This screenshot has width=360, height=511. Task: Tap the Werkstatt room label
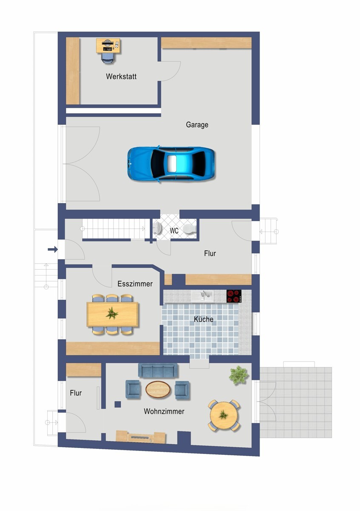click(x=121, y=77)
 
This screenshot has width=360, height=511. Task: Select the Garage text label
click(x=197, y=125)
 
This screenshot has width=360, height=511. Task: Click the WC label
click(x=174, y=231)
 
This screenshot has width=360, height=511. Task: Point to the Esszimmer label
click(x=135, y=284)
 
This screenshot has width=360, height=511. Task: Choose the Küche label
click(x=203, y=319)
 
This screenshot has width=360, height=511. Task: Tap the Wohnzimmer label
click(x=164, y=412)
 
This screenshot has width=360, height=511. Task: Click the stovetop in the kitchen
click(x=234, y=296)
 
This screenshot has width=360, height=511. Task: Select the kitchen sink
click(x=205, y=296)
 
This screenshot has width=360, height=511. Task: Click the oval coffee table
click(x=158, y=389)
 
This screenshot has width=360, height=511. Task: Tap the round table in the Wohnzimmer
click(x=224, y=415)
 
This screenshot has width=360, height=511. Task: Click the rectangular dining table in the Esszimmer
click(x=112, y=314)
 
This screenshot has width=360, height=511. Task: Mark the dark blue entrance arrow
click(x=53, y=250)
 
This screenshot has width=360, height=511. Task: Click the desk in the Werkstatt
click(x=108, y=45)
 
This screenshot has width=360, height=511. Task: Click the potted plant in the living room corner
click(x=238, y=375)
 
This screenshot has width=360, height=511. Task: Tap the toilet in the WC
click(x=189, y=229)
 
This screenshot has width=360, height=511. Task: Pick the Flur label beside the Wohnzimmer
click(x=76, y=393)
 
